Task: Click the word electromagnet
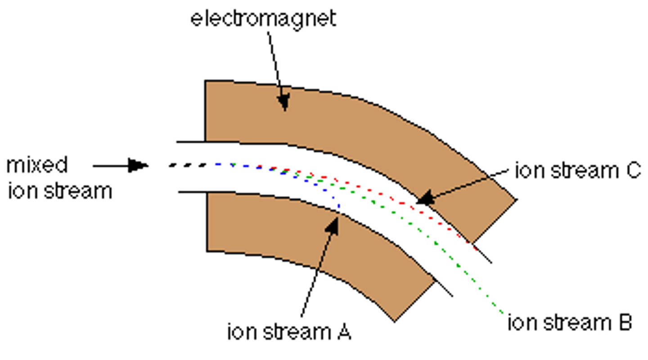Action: [x=263, y=19]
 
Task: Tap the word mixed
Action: [x=37, y=165]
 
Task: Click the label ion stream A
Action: [x=289, y=332]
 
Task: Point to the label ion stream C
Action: [x=578, y=171]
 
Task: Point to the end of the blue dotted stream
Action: [x=338, y=208]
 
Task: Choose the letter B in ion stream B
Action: [x=625, y=323]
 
